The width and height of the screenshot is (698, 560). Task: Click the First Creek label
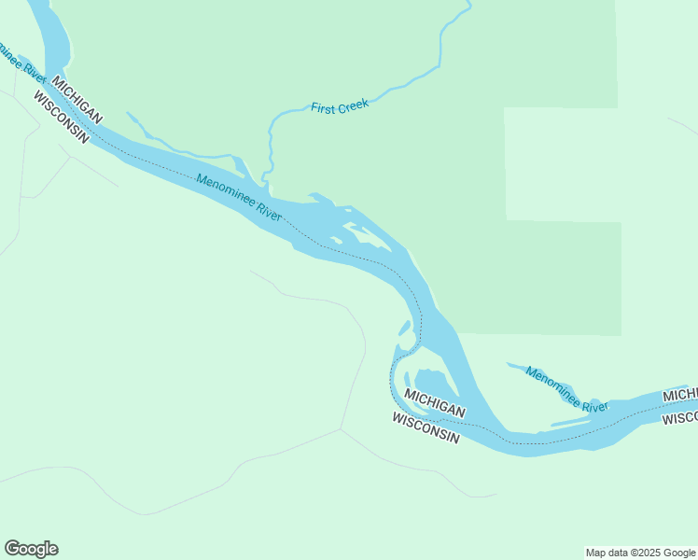(340, 105)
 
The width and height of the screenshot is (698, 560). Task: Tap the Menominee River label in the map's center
(240, 198)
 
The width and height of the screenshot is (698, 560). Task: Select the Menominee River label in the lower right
(566, 390)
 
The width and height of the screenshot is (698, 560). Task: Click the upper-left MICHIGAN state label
(77, 98)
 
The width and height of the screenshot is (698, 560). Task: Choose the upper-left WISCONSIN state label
(62, 118)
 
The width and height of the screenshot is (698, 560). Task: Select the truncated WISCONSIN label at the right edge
(679, 418)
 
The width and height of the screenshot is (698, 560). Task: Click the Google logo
(32, 549)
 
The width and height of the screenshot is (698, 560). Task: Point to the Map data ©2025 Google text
(641, 553)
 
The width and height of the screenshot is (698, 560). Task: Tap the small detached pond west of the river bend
(404, 328)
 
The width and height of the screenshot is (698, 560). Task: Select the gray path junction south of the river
(341, 429)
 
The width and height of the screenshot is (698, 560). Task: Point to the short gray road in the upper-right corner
(683, 126)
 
